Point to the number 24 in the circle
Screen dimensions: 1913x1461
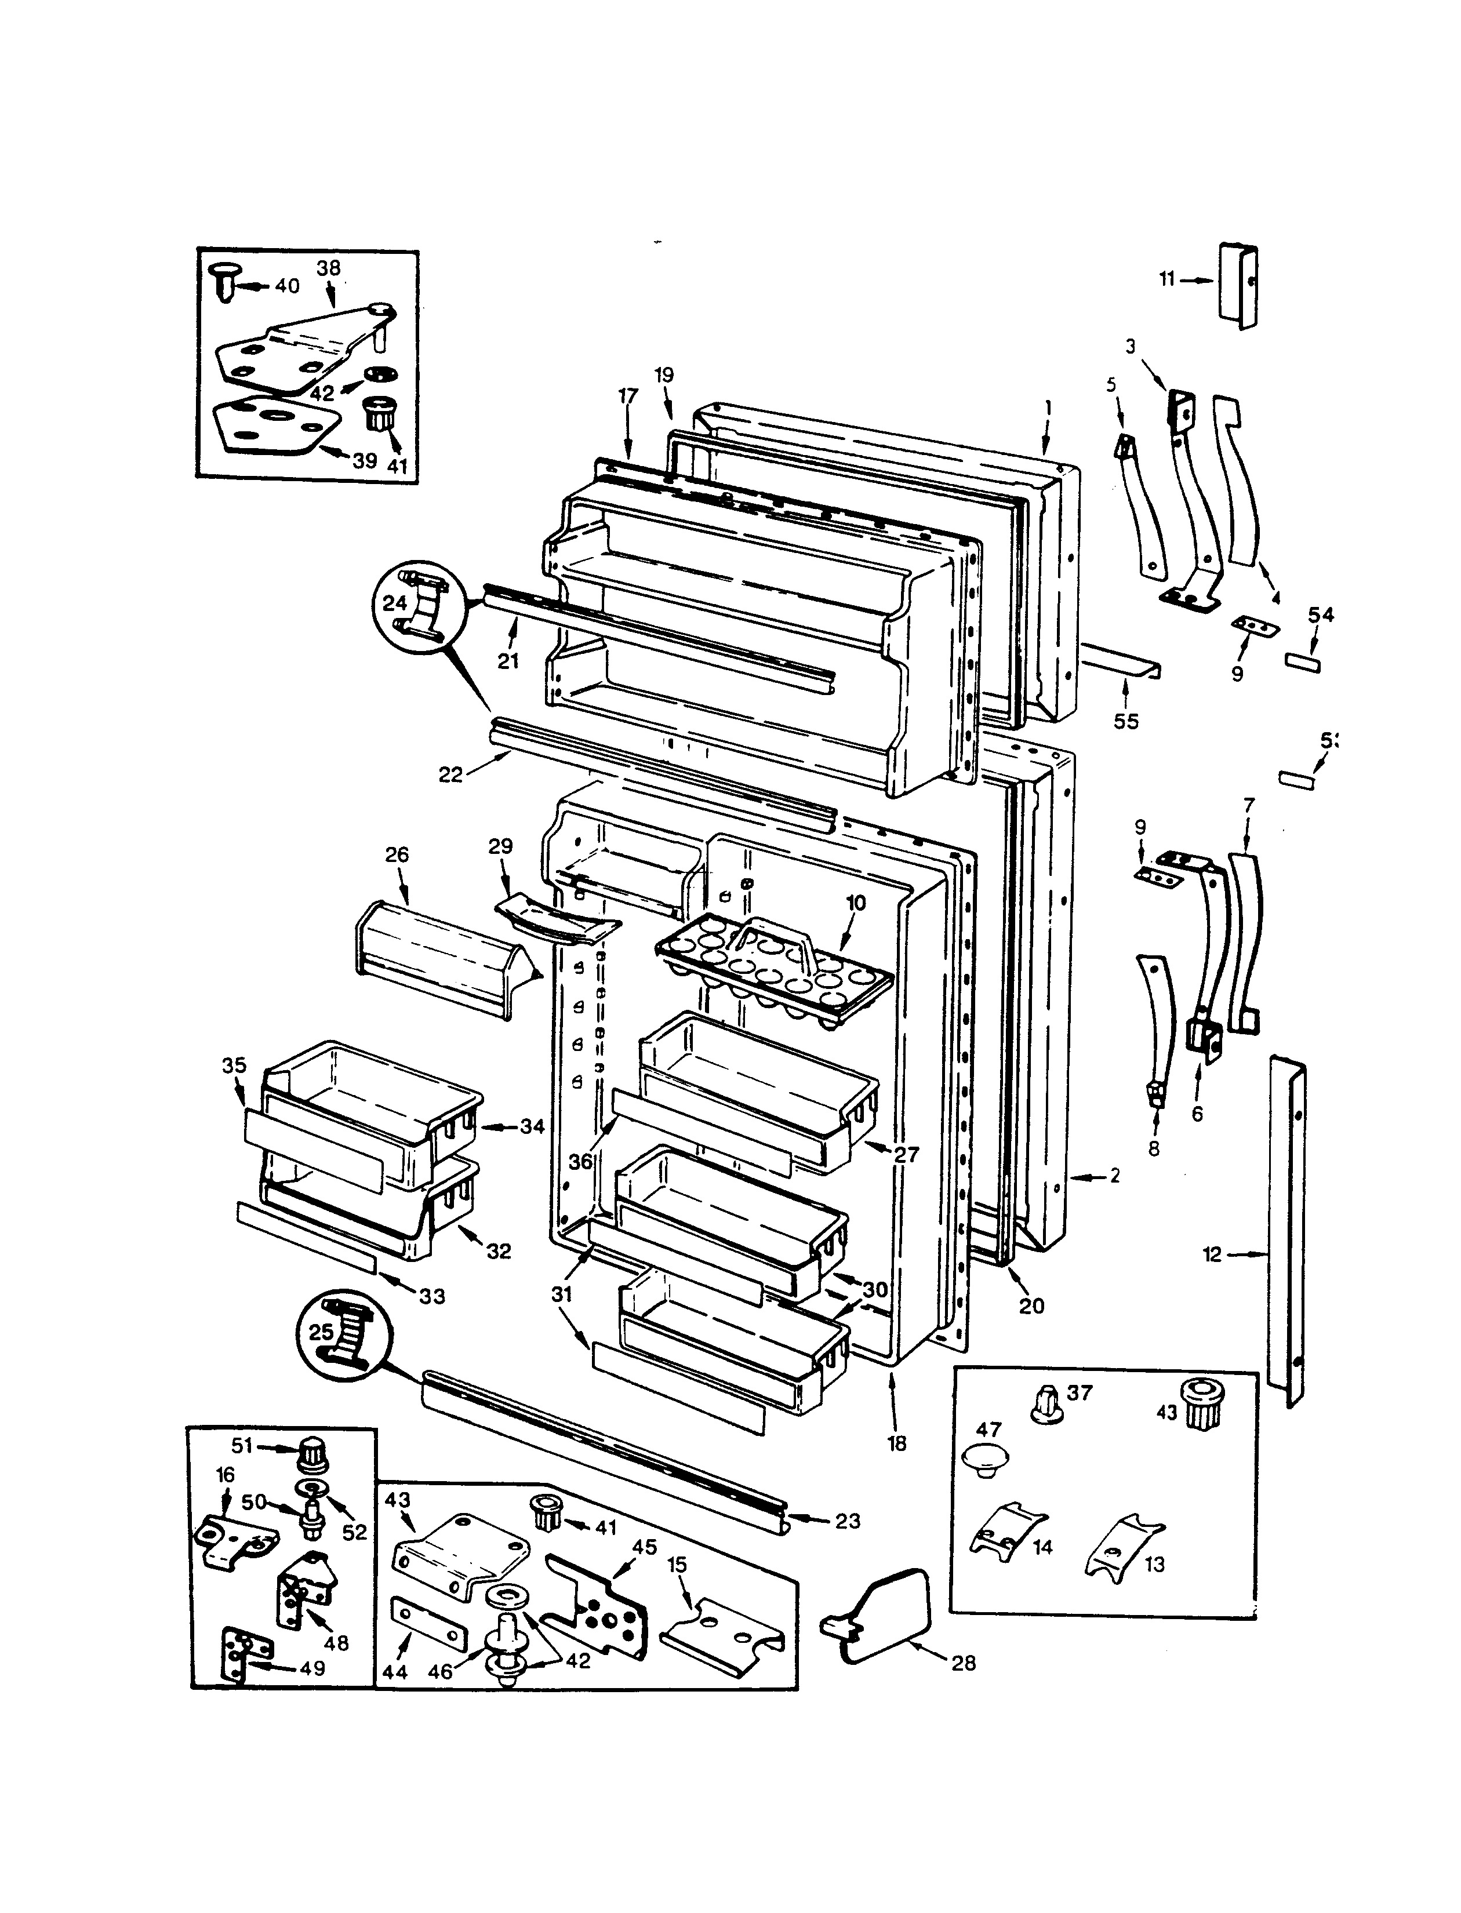pyautogui.click(x=395, y=603)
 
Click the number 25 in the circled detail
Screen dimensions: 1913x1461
pyautogui.click(x=321, y=1331)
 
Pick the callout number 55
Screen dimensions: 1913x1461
pyautogui.click(x=1125, y=721)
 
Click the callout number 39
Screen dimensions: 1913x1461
pyautogui.click(x=364, y=460)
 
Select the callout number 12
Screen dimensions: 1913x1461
pyautogui.click(x=1212, y=1254)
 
